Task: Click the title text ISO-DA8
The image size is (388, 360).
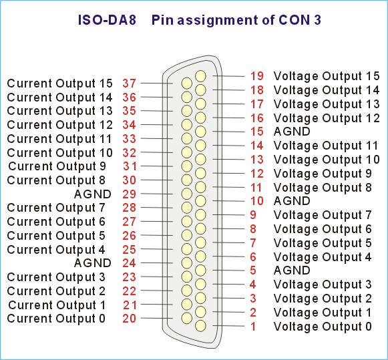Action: (107, 20)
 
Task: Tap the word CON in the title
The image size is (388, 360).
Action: (294, 20)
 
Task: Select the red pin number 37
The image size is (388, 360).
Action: (129, 83)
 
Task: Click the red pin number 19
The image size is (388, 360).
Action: (257, 76)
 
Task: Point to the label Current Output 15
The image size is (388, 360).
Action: (60, 83)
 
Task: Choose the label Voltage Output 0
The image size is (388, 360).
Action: (323, 327)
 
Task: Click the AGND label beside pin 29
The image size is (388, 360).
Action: (93, 194)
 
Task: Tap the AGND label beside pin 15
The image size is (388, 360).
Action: (292, 132)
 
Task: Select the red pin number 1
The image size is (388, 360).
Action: (253, 327)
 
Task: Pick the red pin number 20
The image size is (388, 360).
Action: (129, 319)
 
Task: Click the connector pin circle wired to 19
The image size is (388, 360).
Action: (200, 76)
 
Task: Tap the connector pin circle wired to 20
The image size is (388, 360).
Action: (186, 318)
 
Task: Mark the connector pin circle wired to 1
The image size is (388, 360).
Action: (200, 326)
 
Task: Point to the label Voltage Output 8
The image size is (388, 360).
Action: (323, 187)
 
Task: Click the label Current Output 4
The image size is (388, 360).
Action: (56, 250)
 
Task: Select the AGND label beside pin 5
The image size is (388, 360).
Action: (292, 271)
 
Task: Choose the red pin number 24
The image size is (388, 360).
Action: (129, 263)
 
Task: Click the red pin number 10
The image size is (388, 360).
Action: (257, 201)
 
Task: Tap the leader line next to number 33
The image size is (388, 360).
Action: (157, 138)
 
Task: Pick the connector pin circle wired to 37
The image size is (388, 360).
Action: (186, 83)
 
